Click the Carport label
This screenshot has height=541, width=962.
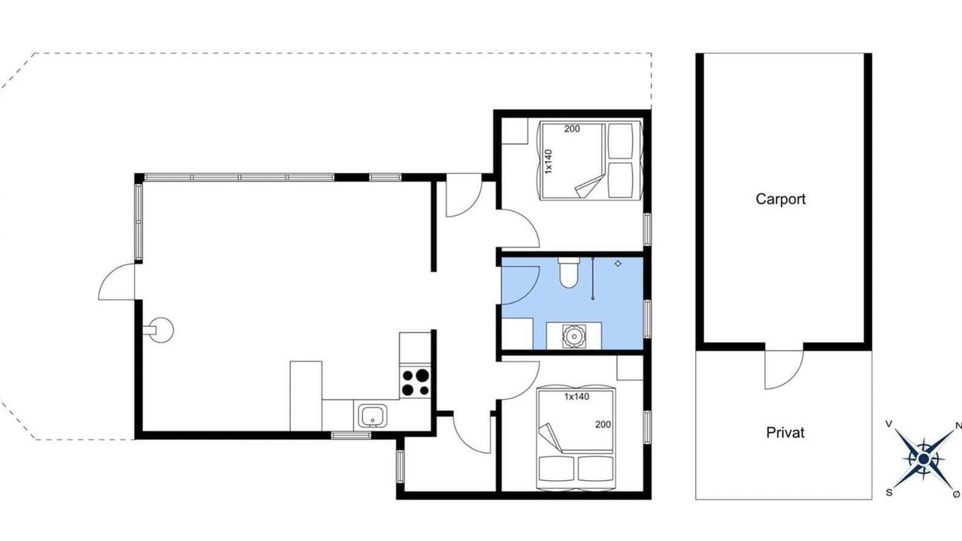click(x=780, y=199)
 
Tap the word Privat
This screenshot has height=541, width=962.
click(x=785, y=432)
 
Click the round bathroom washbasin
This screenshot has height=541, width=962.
click(x=573, y=336)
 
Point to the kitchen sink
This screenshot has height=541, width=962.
click(x=373, y=416)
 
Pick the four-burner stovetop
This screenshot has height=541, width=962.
click(x=415, y=382)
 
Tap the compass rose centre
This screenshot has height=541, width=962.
click(x=922, y=458)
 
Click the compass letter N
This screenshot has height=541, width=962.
click(x=957, y=426)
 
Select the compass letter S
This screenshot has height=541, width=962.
click(x=888, y=493)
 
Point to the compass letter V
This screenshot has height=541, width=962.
click(x=889, y=425)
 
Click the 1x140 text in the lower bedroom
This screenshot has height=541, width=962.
click(x=576, y=397)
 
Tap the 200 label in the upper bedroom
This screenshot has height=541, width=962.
click(x=572, y=128)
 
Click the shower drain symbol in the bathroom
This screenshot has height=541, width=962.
click(x=618, y=263)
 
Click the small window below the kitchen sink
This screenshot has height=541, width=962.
click(x=351, y=435)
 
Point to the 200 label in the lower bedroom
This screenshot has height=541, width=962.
click(x=603, y=425)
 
